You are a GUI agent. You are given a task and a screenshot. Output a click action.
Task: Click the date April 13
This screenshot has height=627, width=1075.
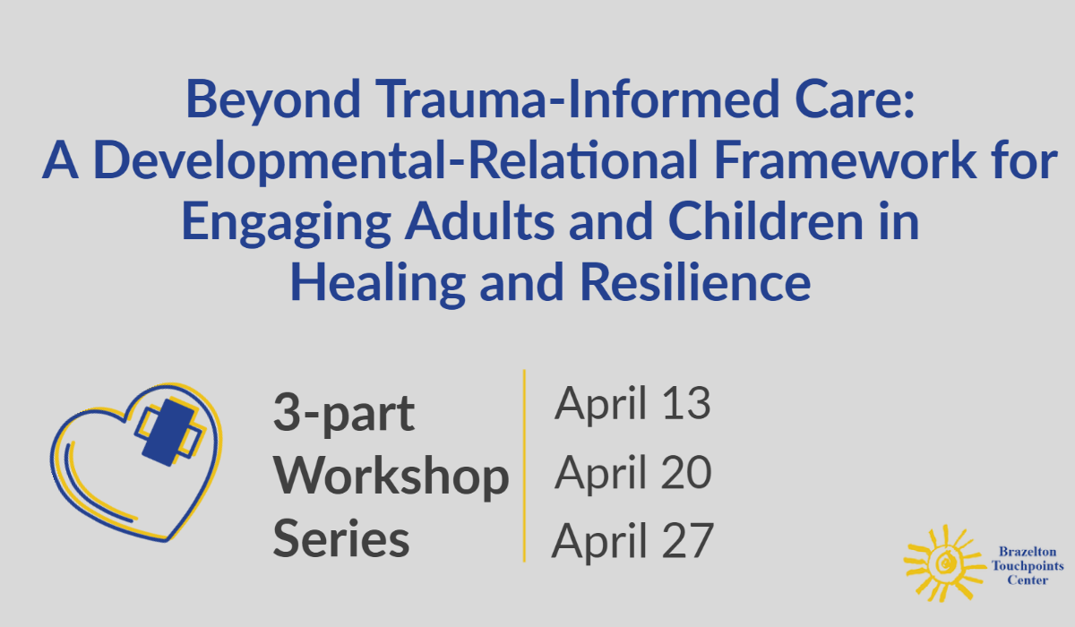tap(632, 404)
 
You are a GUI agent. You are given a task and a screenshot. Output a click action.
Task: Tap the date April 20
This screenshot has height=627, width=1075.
tap(632, 472)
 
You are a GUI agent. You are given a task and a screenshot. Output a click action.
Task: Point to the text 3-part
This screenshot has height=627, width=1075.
tap(344, 414)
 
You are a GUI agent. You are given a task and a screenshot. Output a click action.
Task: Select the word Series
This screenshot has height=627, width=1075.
tap(341, 539)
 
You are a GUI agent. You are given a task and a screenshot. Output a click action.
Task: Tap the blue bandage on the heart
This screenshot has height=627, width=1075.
tap(168, 431)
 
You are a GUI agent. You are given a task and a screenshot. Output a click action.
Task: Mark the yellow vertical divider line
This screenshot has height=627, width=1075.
tap(524, 466)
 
